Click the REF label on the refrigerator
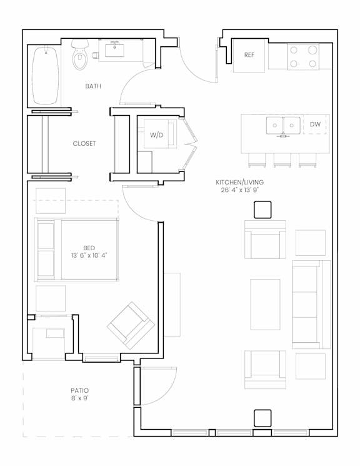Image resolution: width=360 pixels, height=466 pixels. point(249,55)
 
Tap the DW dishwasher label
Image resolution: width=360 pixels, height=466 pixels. point(315,124)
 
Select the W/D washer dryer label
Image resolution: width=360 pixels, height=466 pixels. point(156,135)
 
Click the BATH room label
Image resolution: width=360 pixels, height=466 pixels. point(93,86)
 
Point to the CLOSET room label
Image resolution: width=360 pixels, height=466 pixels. point(84,143)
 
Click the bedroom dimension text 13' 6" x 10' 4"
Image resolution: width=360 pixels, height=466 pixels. point(89,255)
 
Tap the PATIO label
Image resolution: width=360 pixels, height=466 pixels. point(79,390)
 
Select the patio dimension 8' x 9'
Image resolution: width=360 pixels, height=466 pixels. point(79,398)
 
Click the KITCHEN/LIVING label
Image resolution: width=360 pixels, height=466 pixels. point(240,182)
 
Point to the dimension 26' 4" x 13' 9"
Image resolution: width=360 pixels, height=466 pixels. point(240,190)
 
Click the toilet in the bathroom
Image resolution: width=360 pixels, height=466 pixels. point(80,54)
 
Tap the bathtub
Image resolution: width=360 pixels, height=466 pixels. point(45,76)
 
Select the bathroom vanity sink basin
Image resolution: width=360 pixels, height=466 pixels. point(114,49)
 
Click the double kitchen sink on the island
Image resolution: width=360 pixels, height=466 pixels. point(283,126)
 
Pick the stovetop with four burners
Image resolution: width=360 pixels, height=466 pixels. point(303,56)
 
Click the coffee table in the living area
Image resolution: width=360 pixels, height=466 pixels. point(265,305)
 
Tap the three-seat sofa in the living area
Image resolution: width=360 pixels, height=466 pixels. point(311,305)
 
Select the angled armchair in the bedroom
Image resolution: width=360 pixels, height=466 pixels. point(131,325)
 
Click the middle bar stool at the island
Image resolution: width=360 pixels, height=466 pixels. point(282,160)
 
